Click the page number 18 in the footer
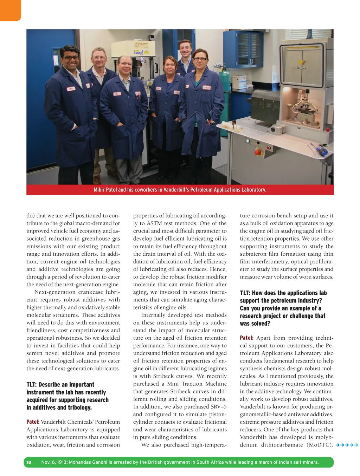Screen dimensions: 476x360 point(29,462)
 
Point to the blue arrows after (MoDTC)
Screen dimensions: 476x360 point(347,445)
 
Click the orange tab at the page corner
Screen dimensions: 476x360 point(10,10)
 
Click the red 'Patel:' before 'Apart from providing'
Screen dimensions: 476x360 point(246,338)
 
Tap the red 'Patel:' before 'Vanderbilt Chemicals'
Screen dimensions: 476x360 point(33,422)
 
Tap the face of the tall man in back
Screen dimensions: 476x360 point(185,49)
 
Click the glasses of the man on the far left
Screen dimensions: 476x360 point(70,58)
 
